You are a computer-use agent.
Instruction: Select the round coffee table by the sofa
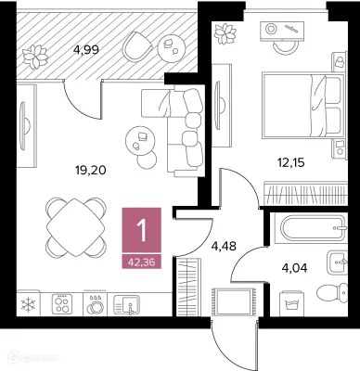[141, 138]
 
